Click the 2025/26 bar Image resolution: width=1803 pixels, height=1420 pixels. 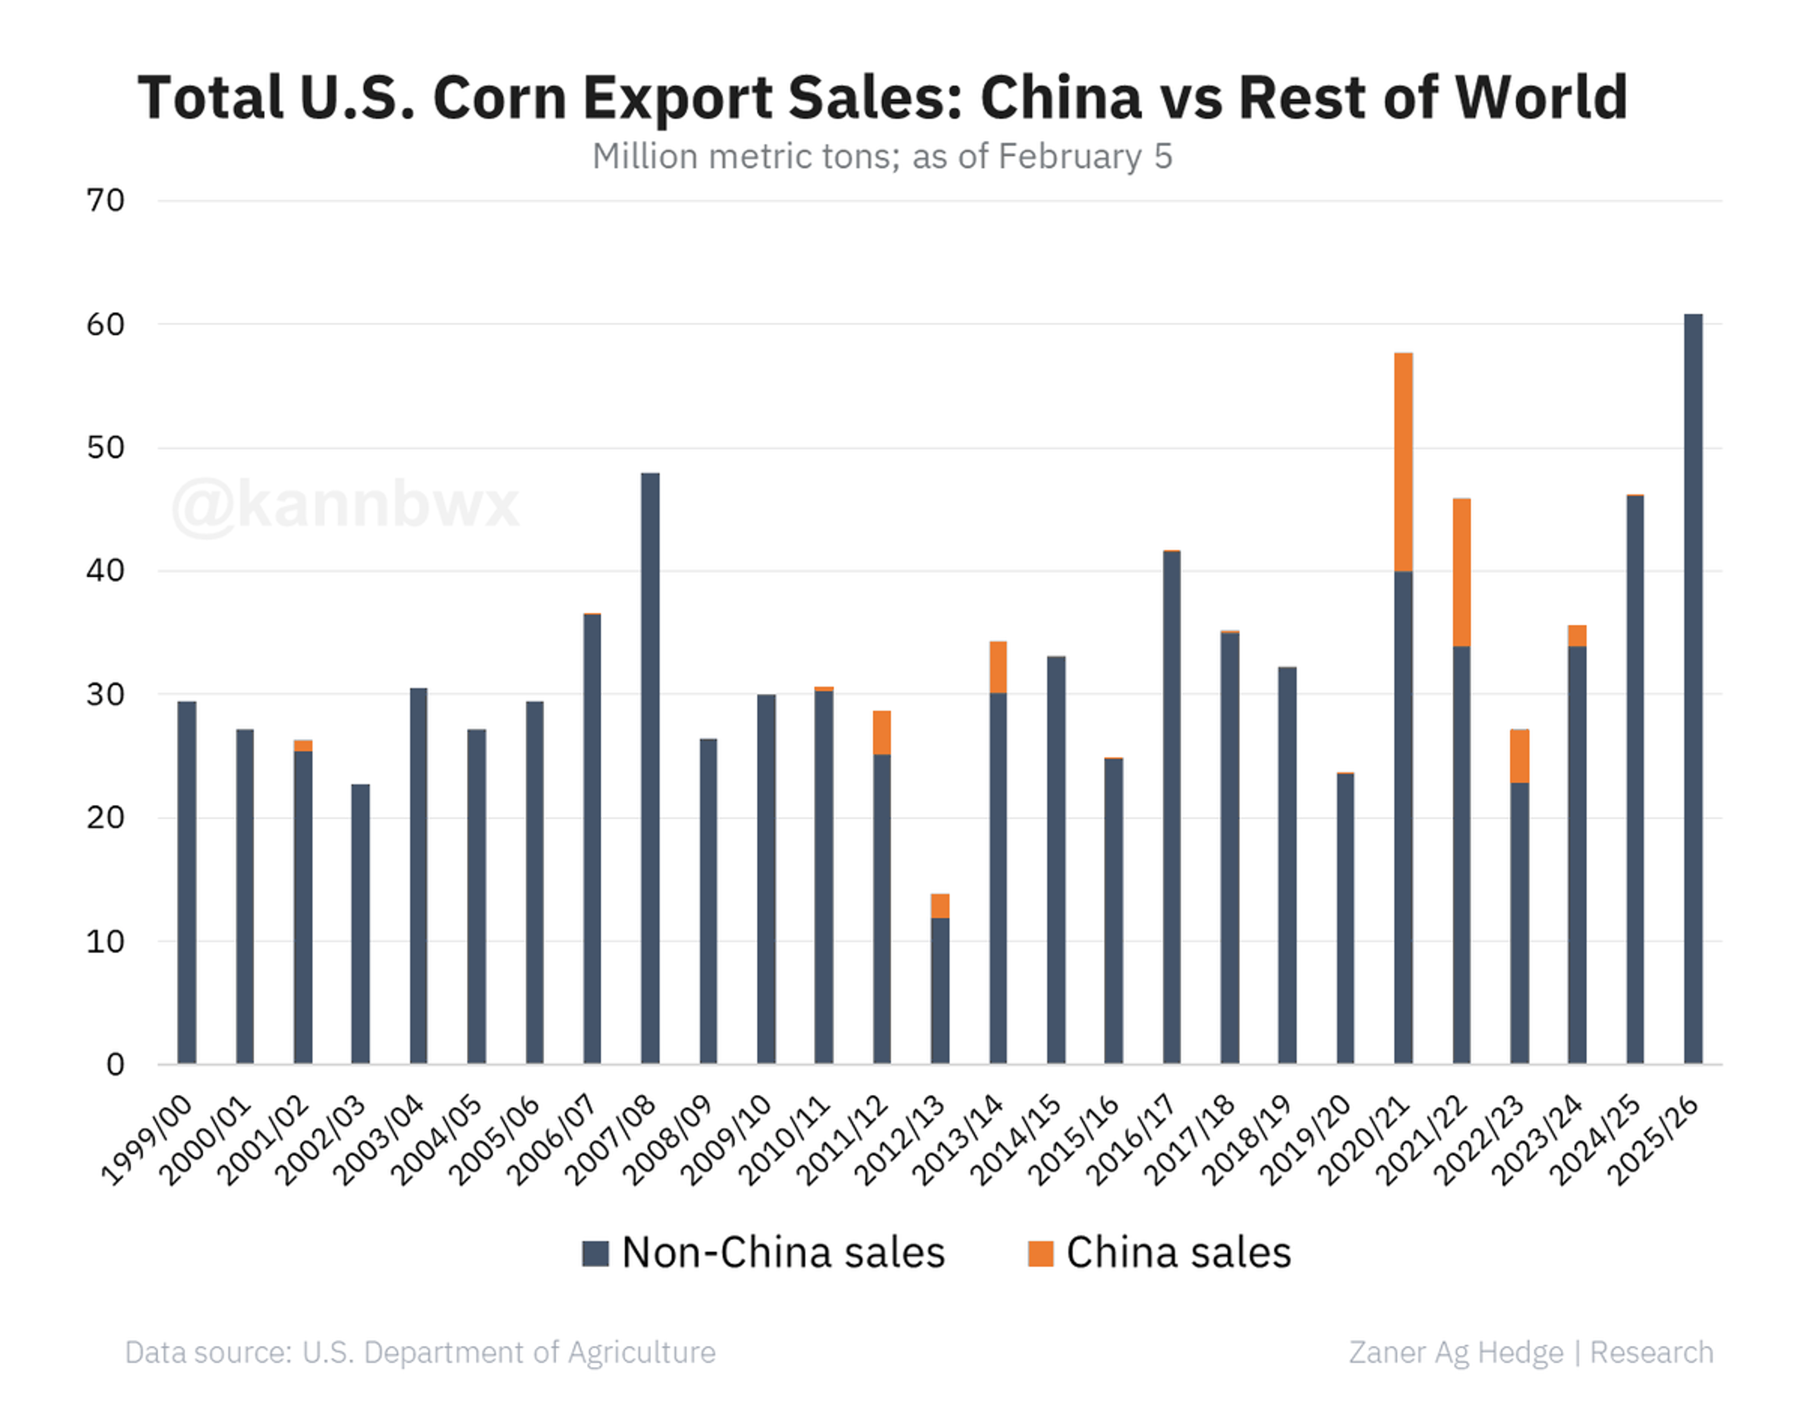coord(1693,690)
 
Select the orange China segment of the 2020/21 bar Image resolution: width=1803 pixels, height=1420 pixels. coord(1403,462)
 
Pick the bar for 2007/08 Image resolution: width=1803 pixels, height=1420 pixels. coord(650,769)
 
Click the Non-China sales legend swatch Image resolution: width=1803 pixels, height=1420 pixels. coord(595,1253)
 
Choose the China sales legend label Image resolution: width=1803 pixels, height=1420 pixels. coord(1178,1253)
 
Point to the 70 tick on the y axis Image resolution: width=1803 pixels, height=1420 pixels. coord(106,201)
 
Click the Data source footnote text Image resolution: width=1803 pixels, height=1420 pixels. coord(420,1353)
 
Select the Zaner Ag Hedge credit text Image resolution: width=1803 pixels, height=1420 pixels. coord(1455,1353)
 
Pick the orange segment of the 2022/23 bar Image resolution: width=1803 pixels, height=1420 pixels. coord(1519,756)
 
